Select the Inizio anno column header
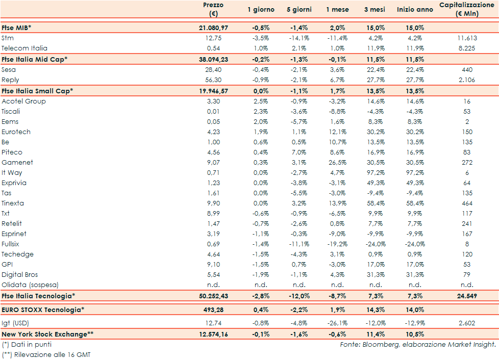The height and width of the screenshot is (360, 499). [x=415, y=10]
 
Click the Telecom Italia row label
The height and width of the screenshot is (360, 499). [x=24, y=48]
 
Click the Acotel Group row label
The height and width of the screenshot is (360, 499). [x=23, y=101]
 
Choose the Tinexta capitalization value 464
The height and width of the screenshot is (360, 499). [x=467, y=203]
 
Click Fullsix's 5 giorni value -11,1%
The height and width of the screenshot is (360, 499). [x=299, y=244]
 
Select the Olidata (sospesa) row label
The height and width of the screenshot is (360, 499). [x=29, y=285]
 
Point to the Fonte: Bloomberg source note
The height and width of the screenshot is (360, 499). [x=418, y=345]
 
